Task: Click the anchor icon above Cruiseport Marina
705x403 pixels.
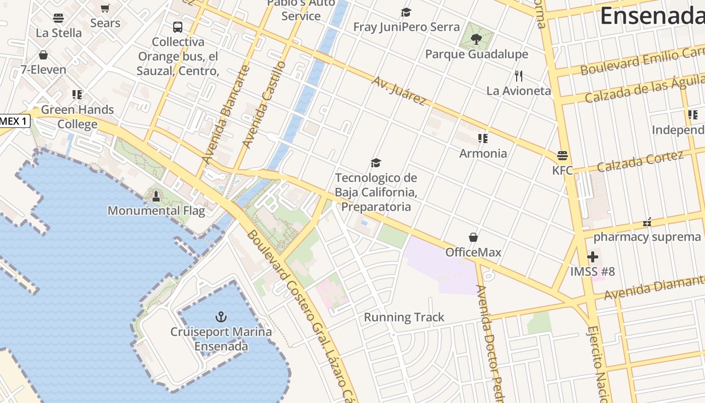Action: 221,317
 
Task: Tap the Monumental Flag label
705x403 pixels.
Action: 156,211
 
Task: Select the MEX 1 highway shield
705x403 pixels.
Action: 15,121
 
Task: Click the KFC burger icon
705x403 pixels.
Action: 562,155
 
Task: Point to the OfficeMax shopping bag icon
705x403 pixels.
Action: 473,237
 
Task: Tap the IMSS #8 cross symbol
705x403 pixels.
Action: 593,257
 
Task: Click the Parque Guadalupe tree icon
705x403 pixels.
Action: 476,39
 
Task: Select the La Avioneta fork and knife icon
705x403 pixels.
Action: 519,76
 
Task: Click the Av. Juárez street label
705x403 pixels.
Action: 399,91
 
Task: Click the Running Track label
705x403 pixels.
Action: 404,317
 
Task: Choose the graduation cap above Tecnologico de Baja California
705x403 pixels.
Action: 376,163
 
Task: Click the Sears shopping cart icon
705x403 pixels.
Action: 105,8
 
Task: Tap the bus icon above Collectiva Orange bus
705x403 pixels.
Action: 177,27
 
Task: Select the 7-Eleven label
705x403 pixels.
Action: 43,70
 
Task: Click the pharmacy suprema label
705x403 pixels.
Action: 647,237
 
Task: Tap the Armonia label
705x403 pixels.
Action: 483,153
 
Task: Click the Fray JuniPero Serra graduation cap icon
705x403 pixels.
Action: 406,12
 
